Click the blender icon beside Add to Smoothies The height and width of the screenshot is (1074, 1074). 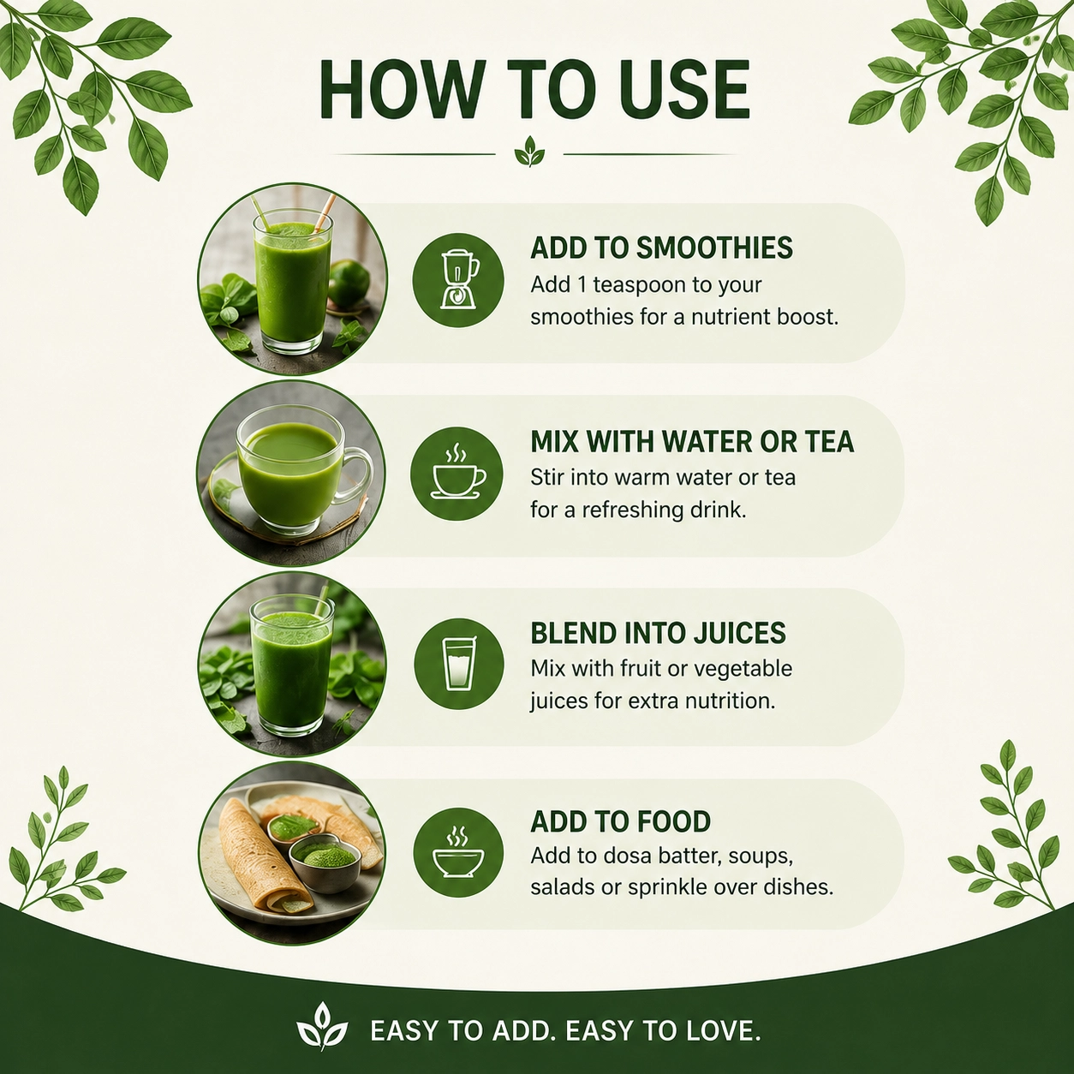459,279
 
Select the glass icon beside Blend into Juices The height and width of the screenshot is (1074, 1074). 459,663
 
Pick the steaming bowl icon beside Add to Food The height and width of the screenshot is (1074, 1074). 459,852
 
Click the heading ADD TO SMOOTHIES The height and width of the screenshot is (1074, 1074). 661,248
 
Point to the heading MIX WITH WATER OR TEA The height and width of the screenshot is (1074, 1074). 692,441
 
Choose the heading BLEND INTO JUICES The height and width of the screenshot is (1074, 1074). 658,633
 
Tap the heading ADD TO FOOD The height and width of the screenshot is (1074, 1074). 620,821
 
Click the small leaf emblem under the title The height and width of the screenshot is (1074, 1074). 529,152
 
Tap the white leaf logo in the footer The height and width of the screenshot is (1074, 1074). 321,1026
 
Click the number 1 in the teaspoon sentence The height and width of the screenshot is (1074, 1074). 582,285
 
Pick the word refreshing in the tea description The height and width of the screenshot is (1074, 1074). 631,510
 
